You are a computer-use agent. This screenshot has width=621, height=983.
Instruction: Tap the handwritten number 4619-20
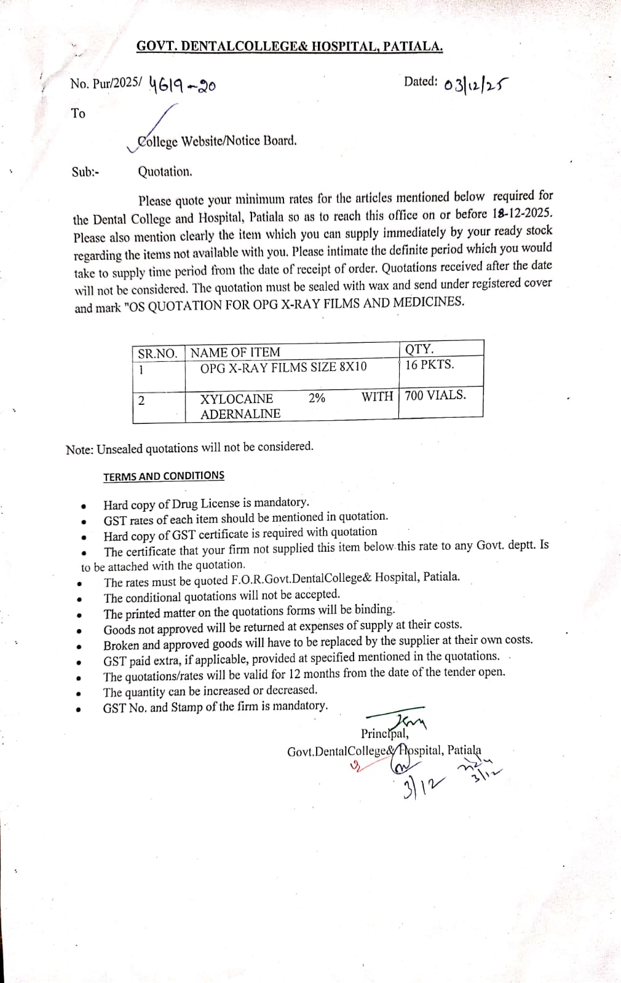[182, 86]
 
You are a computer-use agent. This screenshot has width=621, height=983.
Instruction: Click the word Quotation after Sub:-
[165, 172]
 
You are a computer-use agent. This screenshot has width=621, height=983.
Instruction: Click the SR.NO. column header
[157, 353]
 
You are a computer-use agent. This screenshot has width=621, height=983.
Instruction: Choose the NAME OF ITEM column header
[235, 353]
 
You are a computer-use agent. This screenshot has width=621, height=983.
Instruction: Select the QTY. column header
[419, 349]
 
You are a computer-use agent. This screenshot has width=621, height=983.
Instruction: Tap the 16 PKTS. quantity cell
[430, 364]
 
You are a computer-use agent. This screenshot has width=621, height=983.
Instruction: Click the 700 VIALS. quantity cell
[435, 395]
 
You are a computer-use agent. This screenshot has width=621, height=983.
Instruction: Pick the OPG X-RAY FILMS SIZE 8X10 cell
[283, 367]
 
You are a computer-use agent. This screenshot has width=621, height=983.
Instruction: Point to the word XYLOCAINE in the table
[237, 398]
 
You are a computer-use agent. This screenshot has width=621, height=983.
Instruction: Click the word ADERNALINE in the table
[240, 413]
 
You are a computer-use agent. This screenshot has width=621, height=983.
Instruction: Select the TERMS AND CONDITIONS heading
[164, 476]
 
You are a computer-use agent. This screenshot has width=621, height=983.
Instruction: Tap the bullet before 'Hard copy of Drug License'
[83, 507]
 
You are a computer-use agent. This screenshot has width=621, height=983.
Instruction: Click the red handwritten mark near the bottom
[355, 766]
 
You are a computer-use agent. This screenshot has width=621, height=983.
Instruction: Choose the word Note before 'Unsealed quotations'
[79, 450]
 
